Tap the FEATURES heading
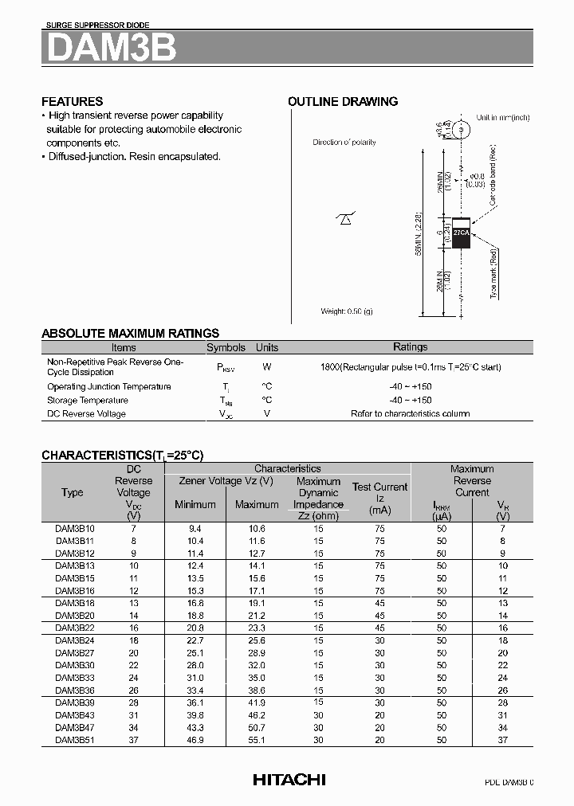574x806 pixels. coord(72,101)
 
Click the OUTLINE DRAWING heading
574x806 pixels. coord(343,101)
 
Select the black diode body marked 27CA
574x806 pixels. coord(462,233)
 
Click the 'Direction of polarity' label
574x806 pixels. coord(344,142)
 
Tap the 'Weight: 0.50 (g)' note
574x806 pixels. coord(346,311)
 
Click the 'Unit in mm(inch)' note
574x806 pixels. coord(503,117)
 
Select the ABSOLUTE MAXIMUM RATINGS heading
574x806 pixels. coord(130,333)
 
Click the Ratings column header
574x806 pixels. coord(410,347)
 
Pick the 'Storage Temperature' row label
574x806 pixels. coord(87,401)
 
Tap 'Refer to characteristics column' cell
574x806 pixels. coord(410,414)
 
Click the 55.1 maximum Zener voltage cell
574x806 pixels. coord(256,740)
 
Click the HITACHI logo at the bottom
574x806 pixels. coord(289,780)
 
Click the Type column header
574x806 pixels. coord(73,492)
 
